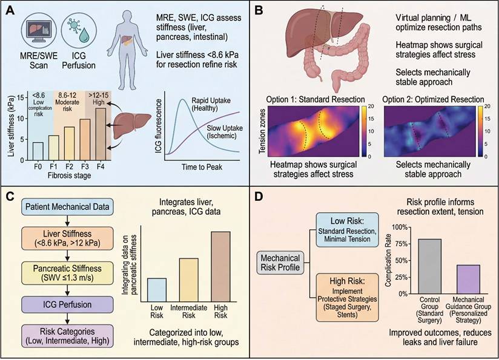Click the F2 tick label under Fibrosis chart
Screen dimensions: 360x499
pos(69,165)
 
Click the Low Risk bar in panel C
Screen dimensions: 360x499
pos(157,289)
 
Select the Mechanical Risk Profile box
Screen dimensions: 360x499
pos(282,261)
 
